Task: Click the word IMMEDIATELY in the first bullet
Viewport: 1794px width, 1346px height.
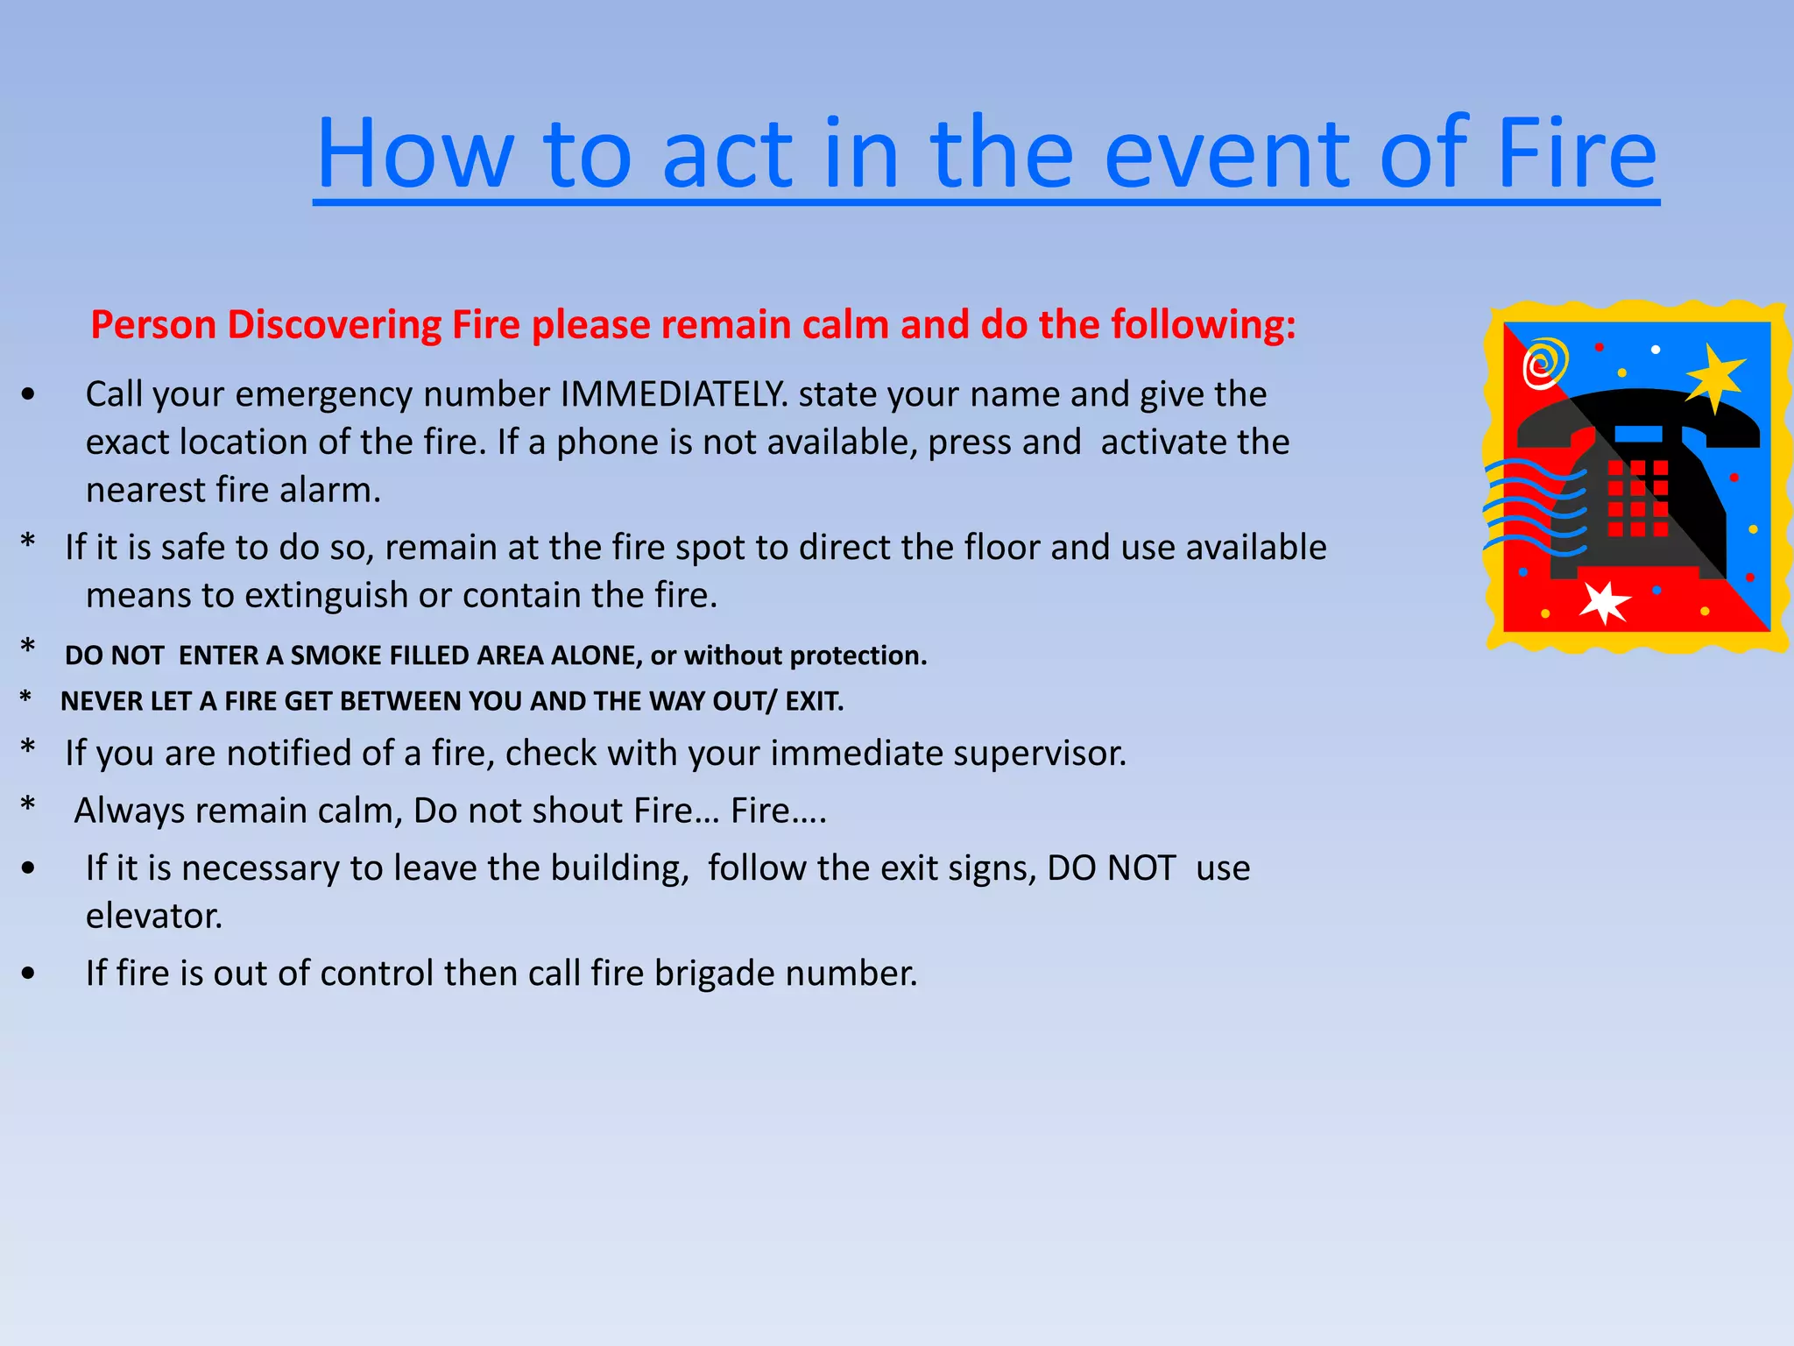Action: point(671,394)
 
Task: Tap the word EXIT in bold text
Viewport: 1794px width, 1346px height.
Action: point(813,701)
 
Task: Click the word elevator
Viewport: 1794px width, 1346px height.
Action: point(153,917)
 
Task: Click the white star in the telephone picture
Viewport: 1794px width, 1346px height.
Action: point(1605,602)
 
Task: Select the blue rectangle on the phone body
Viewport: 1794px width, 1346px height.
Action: point(1637,434)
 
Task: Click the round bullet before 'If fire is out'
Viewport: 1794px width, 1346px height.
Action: point(29,974)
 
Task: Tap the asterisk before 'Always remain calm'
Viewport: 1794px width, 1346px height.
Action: point(28,805)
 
